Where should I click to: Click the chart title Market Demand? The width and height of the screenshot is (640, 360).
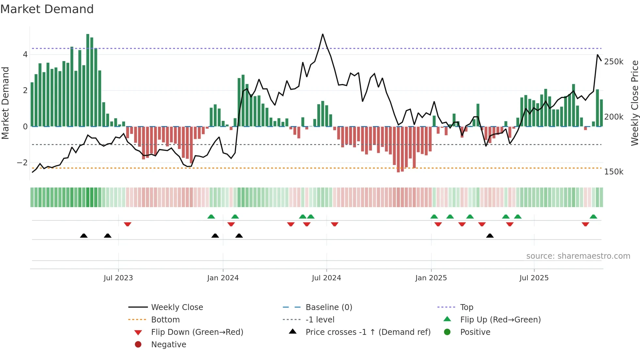click(x=47, y=9)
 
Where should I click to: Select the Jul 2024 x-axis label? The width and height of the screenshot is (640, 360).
click(x=326, y=278)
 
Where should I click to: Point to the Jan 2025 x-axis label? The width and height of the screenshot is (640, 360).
click(x=431, y=278)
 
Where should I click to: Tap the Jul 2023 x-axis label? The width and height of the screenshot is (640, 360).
click(x=118, y=278)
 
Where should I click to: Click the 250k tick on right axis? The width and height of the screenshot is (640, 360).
click(x=614, y=62)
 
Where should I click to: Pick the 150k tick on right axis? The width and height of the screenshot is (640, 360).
click(x=614, y=172)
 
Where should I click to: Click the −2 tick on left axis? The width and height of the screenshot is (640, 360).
click(x=22, y=163)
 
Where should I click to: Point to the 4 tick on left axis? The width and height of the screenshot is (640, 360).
click(x=25, y=55)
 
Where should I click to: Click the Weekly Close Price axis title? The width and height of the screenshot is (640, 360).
click(x=634, y=103)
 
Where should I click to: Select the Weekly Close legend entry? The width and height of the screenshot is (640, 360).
click(x=177, y=307)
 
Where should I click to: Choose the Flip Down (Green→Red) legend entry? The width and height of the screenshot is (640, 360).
click(x=197, y=332)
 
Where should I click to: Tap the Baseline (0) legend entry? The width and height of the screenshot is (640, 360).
click(x=328, y=307)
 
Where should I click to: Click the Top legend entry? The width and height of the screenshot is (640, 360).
click(x=467, y=307)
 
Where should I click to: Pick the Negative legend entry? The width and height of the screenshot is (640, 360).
click(x=168, y=345)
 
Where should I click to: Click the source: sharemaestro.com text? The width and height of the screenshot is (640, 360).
click(x=578, y=256)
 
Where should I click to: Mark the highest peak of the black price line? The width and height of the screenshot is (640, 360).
click(x=323, y=34)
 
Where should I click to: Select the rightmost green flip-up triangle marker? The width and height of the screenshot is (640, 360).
click(x=593, y=217)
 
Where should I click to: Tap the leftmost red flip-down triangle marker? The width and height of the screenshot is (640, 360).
click(x=128, y=224)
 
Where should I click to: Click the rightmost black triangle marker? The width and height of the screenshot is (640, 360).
click(x=490, y=236)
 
